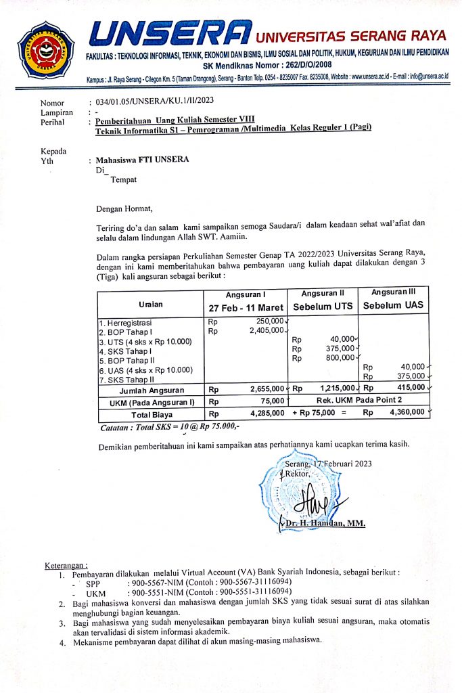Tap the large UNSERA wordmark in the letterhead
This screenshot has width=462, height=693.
tap(170, 35)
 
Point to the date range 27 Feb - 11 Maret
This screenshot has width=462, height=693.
tap(246, 307)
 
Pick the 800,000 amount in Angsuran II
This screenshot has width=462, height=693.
tap(340, 358)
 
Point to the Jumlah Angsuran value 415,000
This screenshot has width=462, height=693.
tap(411, 388)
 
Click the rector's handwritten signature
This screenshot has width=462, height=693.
tap(318, 500)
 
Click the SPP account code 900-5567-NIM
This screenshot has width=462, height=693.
tap(158, 581)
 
